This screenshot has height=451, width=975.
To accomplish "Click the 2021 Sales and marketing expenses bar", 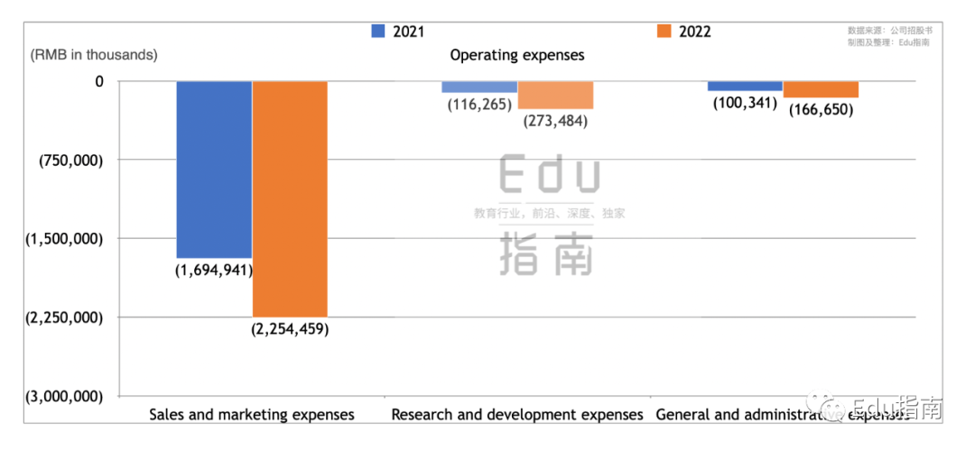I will [x=214, y=169].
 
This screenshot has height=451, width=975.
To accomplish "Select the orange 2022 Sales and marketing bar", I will [x=290, y=198].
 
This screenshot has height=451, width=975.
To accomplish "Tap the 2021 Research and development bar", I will [x=479, y=87].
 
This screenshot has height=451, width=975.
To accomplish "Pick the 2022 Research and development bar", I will [x=555, y=95].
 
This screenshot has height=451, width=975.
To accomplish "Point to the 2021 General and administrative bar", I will [x=745, y=86].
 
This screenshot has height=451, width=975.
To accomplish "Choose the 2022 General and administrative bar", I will [x=821, y=89].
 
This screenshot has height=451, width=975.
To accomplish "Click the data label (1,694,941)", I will [x=214, y=270].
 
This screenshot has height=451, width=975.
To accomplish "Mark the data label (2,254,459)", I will [x=290, y=328].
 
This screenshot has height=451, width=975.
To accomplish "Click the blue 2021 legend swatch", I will [x=378, y=32].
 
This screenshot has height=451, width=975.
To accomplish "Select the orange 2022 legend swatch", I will [x=664, y=32].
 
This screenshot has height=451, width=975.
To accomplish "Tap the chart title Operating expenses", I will [x=517, y=55].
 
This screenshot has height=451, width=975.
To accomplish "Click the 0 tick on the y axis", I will [x=99, y=81].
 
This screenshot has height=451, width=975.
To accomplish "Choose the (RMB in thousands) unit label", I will [x=94, y=55].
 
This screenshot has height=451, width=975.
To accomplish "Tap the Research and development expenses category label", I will [x=517, y=415].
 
